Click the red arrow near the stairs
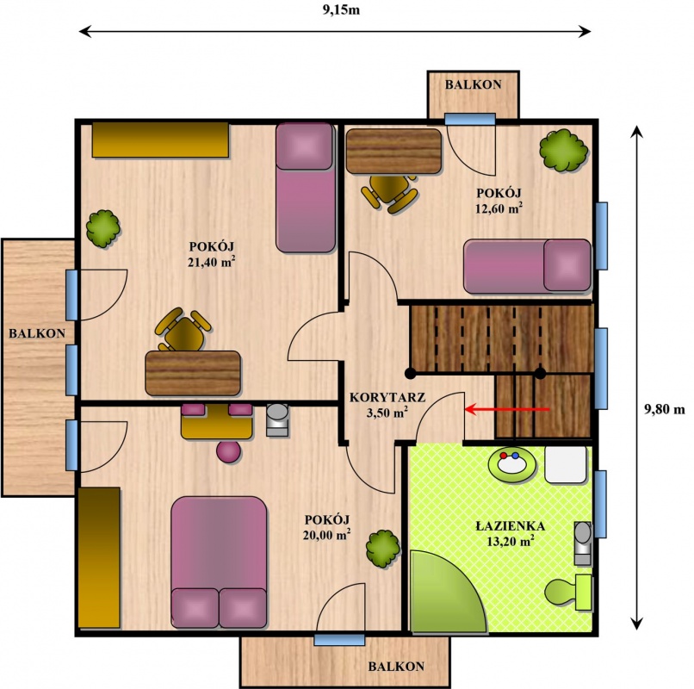pyautogui.click(x=507, y=409)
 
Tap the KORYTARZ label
pyautogui.click(x=387, y=397)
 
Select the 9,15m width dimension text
pyautogui.click(x=341, y=10)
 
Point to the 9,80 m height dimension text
pyautogui.click(x=664, y=410)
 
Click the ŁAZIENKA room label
pyautogui.click(x=511, y=525)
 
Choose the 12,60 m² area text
pyautogui.click(x=499, y=208)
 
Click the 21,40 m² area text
pyautogui.click(x=211, y=261)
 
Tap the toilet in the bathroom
pyautogui.click(x=568, y=593)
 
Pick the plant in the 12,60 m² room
pyautogui.click(x=564, y=150)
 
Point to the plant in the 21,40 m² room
pyautogui.click(x=102, y=228)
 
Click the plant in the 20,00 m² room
pyautogui.click(x=383, y=549)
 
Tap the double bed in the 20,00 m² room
pyautogui.click(x=219, y=562)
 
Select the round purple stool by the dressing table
pyautogui.click(x=228, y=452)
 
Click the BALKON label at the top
pyautogui.click(x=473, y=84)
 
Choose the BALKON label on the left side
pyautogui.click(x=37, y=333)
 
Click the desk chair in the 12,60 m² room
pyautogui.click(x=389, y=192)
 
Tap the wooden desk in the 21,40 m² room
pyautogui.click(x=193, y=373)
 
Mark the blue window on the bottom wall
pyautogui.click(x=339, y=640)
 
